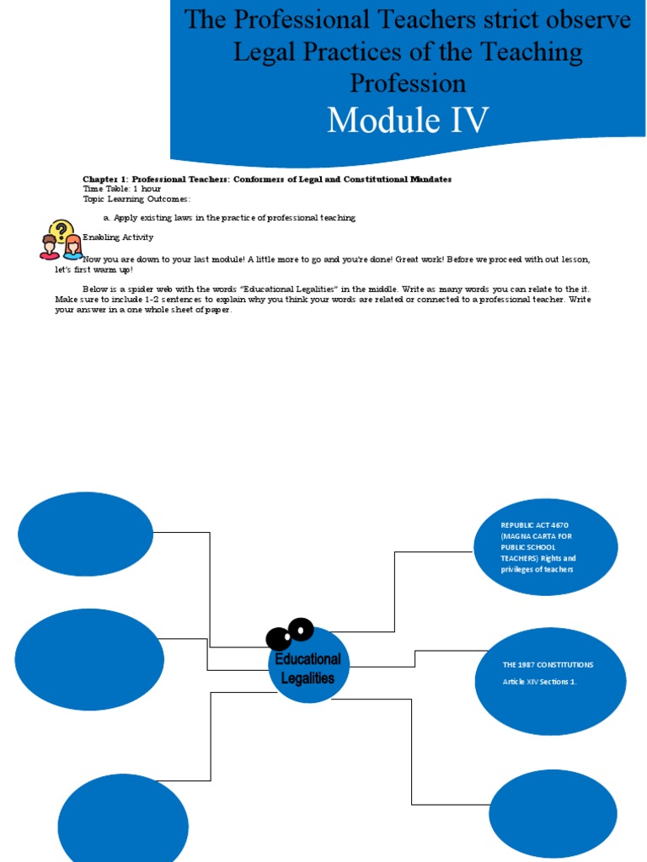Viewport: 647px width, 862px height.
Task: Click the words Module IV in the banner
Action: [x=408, y=120]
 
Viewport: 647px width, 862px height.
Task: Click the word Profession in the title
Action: [x=408, y=82]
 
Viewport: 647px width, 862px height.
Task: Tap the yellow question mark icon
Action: [x=61, y=230]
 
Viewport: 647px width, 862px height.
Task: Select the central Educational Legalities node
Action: [x=307, y=668]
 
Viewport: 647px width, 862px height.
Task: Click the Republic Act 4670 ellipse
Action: [x=546, y=547]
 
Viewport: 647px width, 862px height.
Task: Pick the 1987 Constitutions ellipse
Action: [x=552, y=680]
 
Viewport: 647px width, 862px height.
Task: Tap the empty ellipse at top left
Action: [x=86, y=534]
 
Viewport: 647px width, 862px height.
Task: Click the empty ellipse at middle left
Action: [x=89, y=659]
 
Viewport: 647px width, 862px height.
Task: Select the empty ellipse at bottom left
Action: [x=123, y=819]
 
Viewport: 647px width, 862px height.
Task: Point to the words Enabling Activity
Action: [x=118, y=237]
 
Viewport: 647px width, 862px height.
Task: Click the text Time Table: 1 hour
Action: [x=121, y=189]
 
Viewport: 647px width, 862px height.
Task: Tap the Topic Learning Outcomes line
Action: [x=136, y=199]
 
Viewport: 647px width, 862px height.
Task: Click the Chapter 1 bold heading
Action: [x=267, y=178]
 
